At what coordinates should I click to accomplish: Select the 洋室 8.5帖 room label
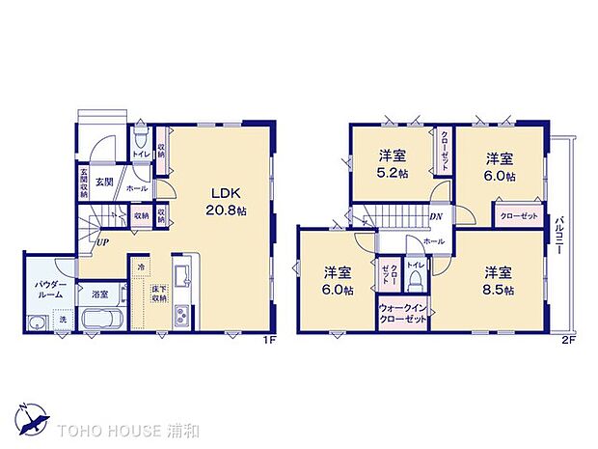(x=498, y=280)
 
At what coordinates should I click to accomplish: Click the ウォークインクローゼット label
(x=403, y=314)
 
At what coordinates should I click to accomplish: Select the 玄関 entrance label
(x=104, y=182)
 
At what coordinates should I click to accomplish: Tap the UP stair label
(x=101, y=241)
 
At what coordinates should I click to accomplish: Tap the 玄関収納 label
(x=84, y=182)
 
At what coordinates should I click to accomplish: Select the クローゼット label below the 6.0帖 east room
(x=519, y=215)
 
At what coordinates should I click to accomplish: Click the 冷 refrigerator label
(x=142, y=267)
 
